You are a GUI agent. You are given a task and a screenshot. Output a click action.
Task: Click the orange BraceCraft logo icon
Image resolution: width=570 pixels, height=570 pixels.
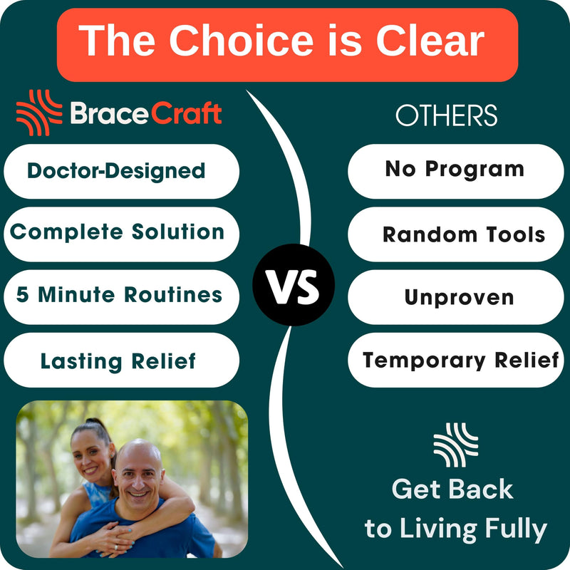(39, 113)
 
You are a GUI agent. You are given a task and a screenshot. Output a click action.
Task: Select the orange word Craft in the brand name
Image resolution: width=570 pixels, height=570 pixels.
(186, 113)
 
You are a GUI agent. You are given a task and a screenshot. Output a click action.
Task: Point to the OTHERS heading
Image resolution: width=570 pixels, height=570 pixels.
(447, 115)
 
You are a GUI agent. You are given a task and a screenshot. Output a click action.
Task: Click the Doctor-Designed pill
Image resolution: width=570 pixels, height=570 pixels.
(121, 171)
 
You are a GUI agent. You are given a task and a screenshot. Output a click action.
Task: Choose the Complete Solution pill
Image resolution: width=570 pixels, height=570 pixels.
(121, 234)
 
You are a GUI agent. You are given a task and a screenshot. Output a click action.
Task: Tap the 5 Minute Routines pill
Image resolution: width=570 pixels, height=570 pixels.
(121, 297)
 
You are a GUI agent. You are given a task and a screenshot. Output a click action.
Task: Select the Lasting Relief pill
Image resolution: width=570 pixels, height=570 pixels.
(121, 360)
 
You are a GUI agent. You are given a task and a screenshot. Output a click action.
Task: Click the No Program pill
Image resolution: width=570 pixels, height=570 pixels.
(456, 171)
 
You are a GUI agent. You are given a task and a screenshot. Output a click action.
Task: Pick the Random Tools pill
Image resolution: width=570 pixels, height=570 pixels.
(456, 234)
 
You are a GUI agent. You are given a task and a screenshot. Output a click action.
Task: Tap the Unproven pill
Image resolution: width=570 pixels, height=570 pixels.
(456, 297)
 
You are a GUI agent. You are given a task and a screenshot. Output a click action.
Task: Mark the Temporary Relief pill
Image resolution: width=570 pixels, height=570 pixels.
(456, 360)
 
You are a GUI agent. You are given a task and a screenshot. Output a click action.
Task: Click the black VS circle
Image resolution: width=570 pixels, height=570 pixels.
(294, 284)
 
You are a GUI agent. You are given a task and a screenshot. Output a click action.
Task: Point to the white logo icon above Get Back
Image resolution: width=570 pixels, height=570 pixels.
(456, 445)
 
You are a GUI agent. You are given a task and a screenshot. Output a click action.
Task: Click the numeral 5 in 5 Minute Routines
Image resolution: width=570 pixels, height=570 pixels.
(22, 294)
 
